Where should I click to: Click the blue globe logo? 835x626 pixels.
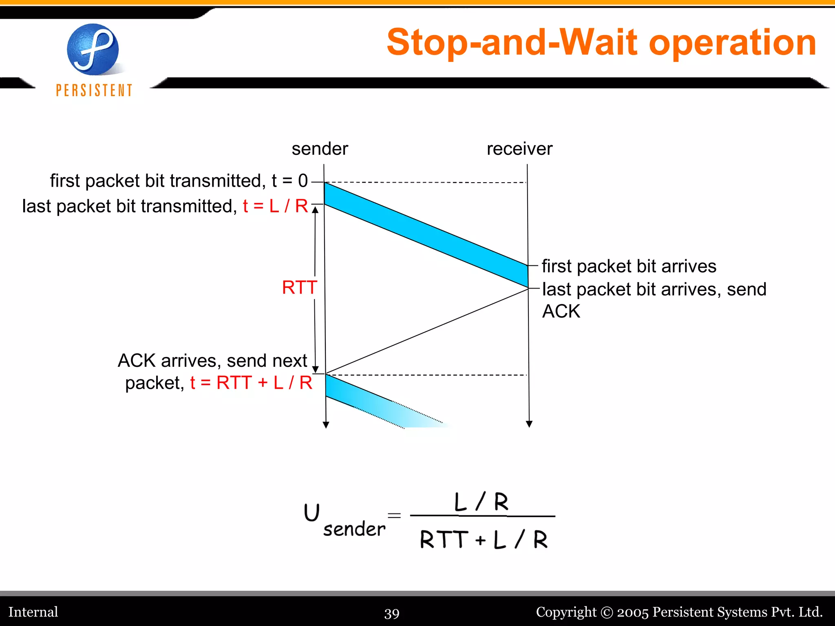[x=93, y=49]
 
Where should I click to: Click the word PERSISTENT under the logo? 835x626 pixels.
[x=94, y=90]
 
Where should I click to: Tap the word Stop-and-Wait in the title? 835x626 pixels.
[x=512, y=42]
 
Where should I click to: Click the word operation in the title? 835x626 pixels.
[x=732, y=42]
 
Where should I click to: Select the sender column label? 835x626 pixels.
[x=320, y=149]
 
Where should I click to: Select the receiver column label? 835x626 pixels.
[x=519, y=149]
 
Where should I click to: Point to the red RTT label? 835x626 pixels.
[x=299, y=288]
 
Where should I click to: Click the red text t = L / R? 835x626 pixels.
[x=275, y=206]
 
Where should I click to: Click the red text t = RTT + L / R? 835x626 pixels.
[x=251, y=383]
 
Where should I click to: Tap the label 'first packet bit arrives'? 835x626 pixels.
[x=629, y=266]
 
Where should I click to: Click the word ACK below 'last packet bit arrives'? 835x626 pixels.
[x=561, y=311]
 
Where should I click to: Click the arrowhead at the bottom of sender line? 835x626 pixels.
[x=326, y=425]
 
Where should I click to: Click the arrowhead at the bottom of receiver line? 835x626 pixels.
[x=529, y=424]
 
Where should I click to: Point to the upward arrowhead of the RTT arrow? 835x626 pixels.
[x=315, y=210]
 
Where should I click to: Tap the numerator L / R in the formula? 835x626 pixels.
[x=482, y=502]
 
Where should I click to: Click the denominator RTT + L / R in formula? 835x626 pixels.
[x=484, y=540]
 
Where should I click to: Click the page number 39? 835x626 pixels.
[x=392, y=613]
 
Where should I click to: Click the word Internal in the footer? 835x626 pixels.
[x=33, y=612]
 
